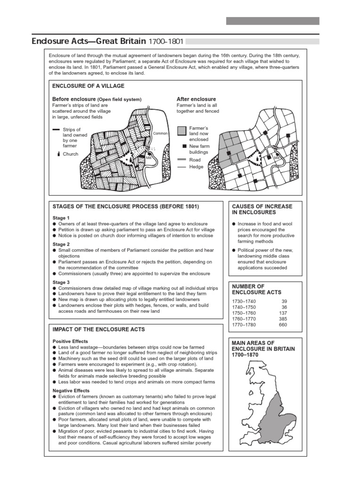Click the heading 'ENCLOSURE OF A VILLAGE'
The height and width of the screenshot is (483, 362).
[x=88, y=86]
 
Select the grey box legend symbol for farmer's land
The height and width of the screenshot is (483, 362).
[x=181, y=131]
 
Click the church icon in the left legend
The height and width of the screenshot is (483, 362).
[x=58, y=154]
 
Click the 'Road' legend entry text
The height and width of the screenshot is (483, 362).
[x=195, y=160]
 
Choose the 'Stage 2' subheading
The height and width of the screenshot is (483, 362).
[x=61, y=244]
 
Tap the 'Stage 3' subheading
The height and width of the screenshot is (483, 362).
[x=61, y=283]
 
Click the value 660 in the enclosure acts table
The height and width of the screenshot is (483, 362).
[x=283, y=325]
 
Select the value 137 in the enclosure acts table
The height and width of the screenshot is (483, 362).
[x=283, y=313]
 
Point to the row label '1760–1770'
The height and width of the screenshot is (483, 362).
[x=244, y=319]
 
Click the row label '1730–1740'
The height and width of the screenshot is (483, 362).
[x=244, y=301]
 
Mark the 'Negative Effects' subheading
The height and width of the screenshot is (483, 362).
[x=71, y=391]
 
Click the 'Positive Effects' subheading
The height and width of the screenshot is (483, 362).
[x=70, y=341]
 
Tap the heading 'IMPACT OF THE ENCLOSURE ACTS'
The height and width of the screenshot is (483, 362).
[x=99, y=329]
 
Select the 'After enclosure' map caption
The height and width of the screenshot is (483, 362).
[x=196, y=100]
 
